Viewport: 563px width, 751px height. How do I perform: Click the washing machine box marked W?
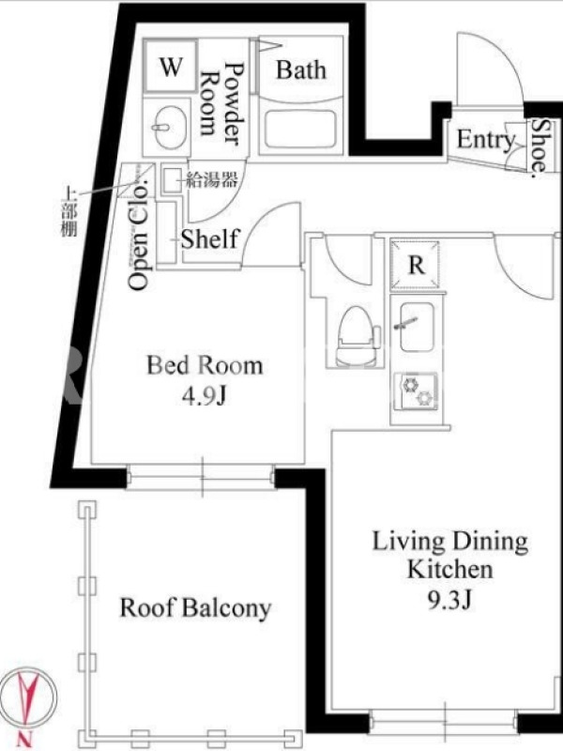pos(171,67)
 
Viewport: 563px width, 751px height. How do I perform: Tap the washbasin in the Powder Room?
pos(166,127)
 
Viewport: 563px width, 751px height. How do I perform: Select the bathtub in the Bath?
pos(300,129)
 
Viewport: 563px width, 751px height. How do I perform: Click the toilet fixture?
pos(358,336)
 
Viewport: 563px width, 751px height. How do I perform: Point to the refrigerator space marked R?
pos(415,265)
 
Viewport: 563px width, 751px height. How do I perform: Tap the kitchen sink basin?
pos(417,328)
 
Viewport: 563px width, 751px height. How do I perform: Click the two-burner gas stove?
pos(416,391)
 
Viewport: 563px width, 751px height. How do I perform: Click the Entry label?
pos(485,139)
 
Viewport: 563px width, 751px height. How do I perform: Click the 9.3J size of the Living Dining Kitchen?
pos(449,599)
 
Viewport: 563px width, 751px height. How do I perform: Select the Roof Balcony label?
pos(195,607)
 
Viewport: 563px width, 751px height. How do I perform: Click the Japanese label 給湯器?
pos(212,180)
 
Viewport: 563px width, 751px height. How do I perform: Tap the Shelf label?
pos(209,238)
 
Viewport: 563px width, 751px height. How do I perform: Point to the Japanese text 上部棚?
pos(69,212)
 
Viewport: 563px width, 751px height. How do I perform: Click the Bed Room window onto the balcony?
pos(201,478)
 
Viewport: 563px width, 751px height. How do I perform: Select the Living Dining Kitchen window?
pos(444,722)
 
